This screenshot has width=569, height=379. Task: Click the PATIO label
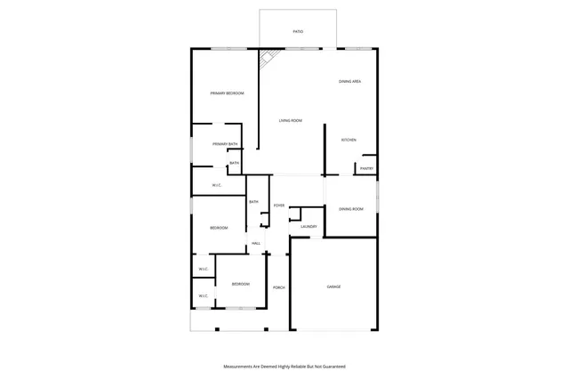[298, 32]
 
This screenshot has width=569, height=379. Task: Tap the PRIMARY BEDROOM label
[227, 93]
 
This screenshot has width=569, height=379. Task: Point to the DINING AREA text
[349, 82]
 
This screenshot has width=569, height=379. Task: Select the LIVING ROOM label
[291, 121]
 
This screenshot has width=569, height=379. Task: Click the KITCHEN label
[349, 141]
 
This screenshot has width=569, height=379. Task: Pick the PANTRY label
[366, 168]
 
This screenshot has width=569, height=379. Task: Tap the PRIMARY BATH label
[225, 144]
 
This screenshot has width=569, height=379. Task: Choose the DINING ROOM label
[351, 208]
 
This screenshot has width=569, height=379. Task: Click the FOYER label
[279, 206]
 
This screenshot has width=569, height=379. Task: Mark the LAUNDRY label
[309, 227]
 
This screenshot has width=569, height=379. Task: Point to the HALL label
[256, 243]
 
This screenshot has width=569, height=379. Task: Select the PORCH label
[279, 287]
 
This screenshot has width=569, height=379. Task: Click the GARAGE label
[333, 286]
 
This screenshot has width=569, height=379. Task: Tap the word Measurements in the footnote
[240, 367]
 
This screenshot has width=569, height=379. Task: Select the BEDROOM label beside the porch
[240, 284]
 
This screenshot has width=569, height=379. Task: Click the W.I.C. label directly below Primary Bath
[216, 185]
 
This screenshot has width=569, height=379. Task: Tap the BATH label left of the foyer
[253, 202]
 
